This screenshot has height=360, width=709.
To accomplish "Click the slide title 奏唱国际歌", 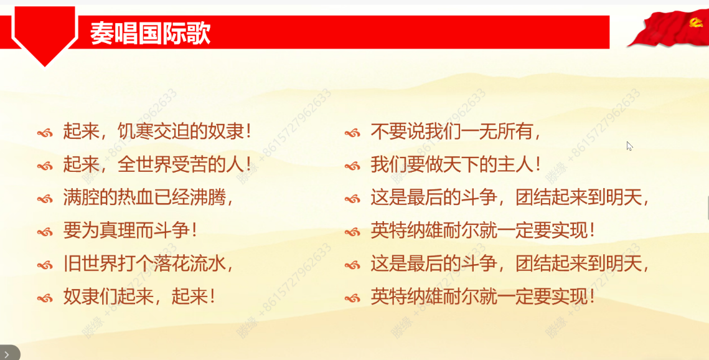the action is click(150, 33).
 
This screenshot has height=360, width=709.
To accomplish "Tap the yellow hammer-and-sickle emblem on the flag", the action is click(696, 22).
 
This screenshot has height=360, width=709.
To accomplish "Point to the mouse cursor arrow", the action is click(629, 146).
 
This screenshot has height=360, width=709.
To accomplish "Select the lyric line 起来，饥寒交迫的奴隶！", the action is click(158, 131).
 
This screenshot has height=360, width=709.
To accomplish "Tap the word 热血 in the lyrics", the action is click(136, 198).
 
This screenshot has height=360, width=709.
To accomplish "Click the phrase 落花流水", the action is click(190, 263).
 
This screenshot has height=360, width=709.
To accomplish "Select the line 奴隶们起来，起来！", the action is click(139, 297).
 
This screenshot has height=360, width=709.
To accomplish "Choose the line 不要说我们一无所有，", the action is click(456, 131).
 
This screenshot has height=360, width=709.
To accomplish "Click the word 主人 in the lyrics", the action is click(515, 164).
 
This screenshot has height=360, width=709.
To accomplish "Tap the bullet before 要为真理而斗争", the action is click(45, 232).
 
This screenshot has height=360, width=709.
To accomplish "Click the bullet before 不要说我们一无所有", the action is click(352, 133).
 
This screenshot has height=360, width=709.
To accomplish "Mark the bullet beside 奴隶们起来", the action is click(45, 298).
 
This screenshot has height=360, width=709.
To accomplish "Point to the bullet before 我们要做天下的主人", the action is click(352, 166).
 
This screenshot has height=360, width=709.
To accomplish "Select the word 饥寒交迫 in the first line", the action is click(154, 131).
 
